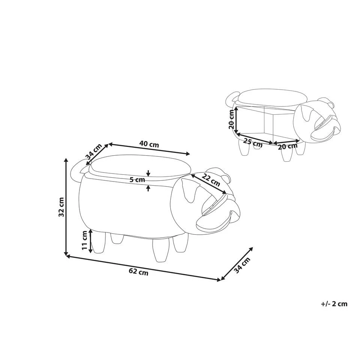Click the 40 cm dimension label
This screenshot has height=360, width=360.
(x=149, y=144)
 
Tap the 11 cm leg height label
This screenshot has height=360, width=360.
(x=85, y=241)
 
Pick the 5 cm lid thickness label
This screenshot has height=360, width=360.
(x=137, y=180)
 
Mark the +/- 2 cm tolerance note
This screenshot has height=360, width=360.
(x=334, y=304)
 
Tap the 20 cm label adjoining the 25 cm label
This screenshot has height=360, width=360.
(x=288, y=146)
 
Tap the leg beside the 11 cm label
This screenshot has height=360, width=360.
(x=99, y=243)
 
